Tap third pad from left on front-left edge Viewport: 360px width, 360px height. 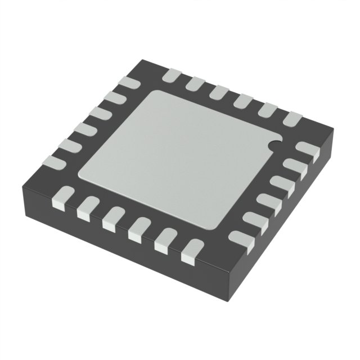click(x=113, y=217)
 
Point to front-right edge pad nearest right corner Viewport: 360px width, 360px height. click(x=307, y=149)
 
